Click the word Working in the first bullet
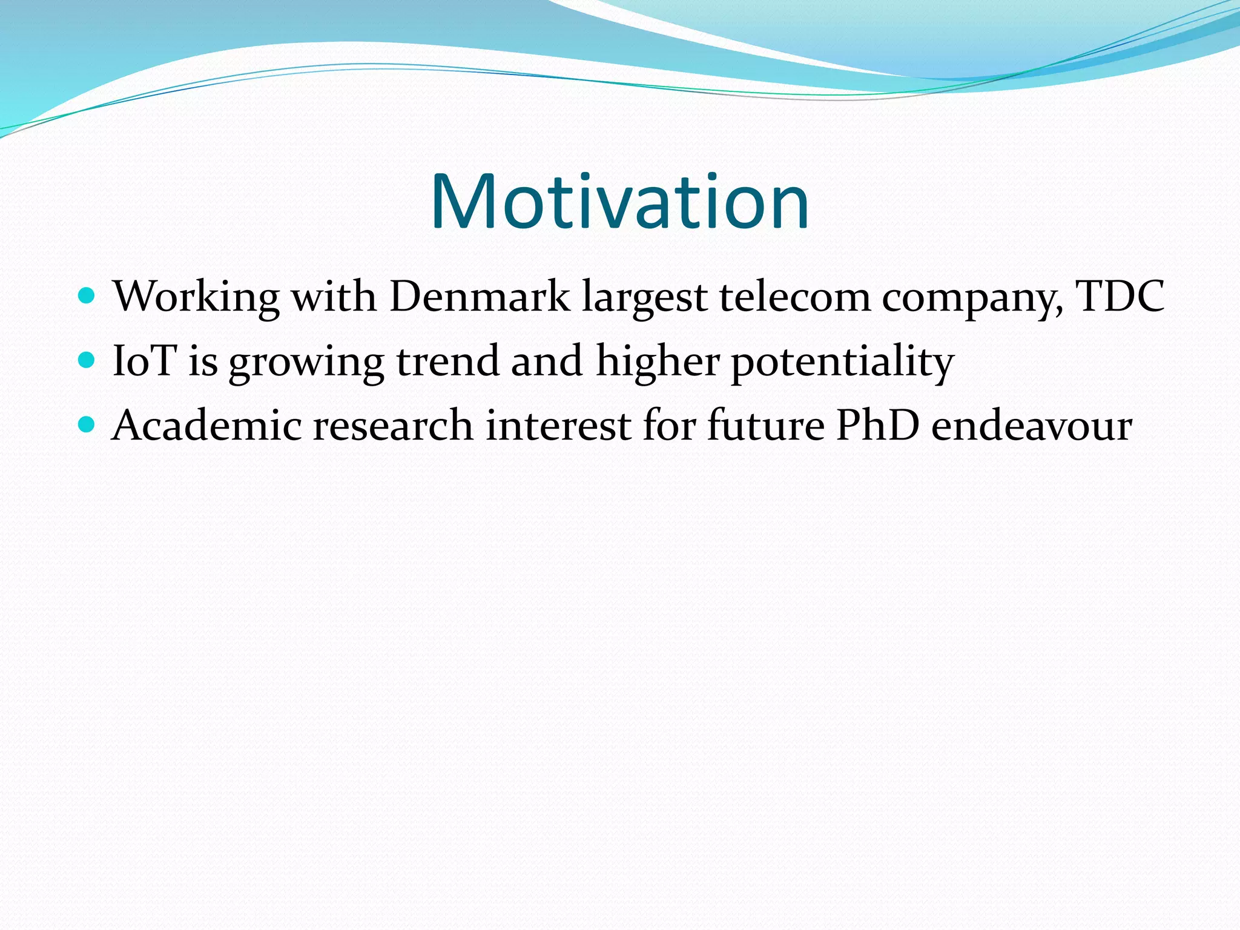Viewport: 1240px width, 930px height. coord(196,297)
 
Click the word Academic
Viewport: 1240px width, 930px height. coord(206,425)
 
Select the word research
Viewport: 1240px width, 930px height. coord(393,425)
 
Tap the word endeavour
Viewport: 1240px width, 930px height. coord(1031,425)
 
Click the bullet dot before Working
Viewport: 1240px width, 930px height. coord(87,296)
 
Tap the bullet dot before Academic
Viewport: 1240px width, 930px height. coord(87,424)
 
